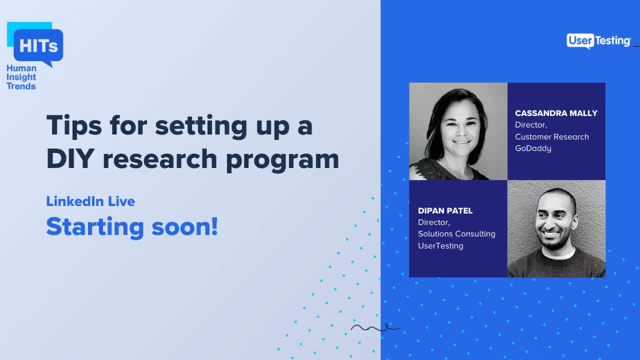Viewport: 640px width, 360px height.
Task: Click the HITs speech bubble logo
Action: point(38,46)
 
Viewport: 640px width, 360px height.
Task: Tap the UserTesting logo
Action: point(598,41)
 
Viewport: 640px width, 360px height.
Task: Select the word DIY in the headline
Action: point(70,158)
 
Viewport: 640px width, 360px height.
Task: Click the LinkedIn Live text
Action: point(90,201)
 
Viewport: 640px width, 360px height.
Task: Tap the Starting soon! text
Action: point(132,226)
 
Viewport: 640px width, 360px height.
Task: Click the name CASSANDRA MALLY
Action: point(556,113)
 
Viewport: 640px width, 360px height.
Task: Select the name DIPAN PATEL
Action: point(445,210)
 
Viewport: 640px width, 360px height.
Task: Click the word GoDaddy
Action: point(533,148)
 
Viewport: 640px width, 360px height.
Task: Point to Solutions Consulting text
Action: point(456,234)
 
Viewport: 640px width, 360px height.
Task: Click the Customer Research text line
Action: point(551,136)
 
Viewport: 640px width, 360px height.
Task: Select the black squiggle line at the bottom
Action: point(375,328)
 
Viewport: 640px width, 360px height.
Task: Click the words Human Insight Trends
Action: point(21,77)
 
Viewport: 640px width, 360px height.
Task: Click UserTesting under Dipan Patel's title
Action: point(440,245)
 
